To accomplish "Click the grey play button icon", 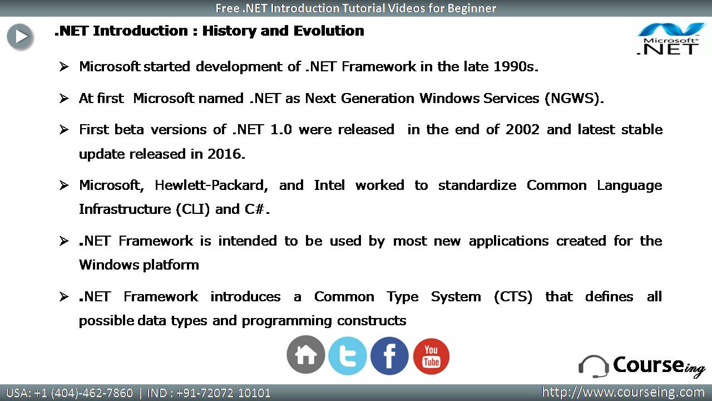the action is [19, 37].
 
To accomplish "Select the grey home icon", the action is [306, 355].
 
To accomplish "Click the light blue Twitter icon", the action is [348, 356].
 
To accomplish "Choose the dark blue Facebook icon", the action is [389, 356].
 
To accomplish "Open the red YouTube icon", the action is [431, 356].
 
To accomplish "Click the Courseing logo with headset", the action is [641, 366].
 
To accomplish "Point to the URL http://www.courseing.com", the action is [624, 392].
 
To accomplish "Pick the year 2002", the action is [522, 130].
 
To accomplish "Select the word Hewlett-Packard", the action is [211, 185].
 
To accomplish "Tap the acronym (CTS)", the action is [513, 297].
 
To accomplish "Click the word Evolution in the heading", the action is [329, 31].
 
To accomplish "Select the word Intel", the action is [329, 185].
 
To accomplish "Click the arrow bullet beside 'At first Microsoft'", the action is [64, 99].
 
